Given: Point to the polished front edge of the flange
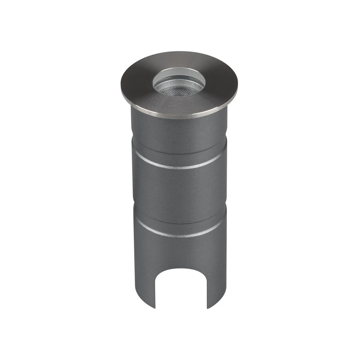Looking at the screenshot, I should click(179, 116).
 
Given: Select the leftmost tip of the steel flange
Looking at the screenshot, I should click(121, 86).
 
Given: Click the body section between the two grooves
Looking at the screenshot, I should click(179, 191).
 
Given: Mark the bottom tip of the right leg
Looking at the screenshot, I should click(208, 308).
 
